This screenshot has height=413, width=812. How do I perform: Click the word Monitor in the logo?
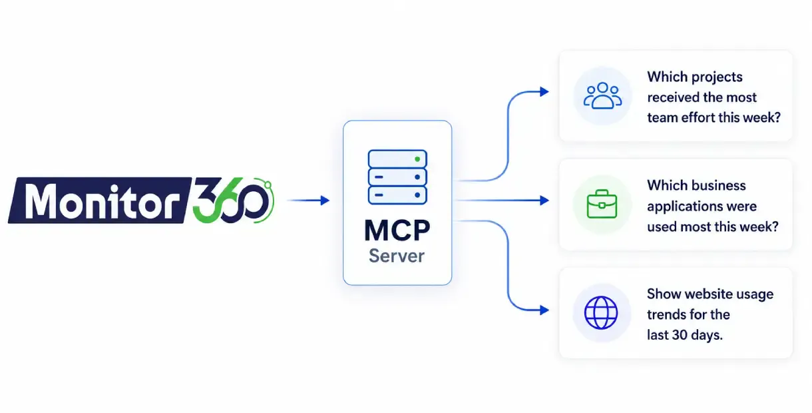click(102, 201)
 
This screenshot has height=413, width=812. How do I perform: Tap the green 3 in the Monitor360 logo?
click(207, 199)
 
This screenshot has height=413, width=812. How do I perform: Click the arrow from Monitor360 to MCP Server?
click(308, 201)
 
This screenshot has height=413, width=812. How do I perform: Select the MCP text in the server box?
click(397, 230)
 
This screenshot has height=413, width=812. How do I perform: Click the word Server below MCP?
click(397, 256)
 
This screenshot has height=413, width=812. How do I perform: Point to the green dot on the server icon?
click(417, 159)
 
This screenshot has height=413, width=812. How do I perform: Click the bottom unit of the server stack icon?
click(397, 195)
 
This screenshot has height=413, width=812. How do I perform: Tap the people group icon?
click(602, 96)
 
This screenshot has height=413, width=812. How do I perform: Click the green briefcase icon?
click(602, 204)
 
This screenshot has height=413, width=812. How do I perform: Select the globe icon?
click(601, 313)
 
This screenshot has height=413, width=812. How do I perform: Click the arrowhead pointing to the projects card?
click(544, 91)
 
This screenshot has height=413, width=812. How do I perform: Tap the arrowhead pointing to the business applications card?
click(544, 201)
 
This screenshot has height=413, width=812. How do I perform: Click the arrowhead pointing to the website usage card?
click(544, 310)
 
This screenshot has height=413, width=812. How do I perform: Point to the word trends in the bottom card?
click(666, 314)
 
